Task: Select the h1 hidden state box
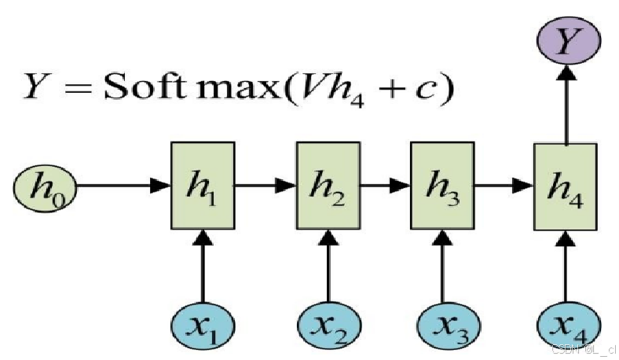(x=203, y=186)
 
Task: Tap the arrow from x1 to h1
(x=203, y=267)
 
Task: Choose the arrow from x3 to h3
(x=445, y=267)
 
